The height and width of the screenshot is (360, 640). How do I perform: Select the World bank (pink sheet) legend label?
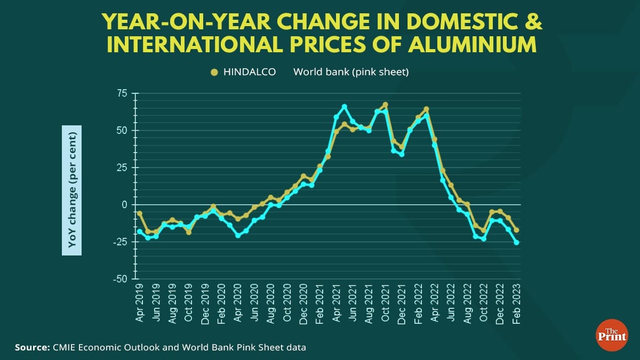tap(351, 72)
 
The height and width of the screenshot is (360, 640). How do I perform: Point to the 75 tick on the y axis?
tap(122, 93)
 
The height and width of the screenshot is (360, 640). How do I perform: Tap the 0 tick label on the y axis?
tap(125, 205)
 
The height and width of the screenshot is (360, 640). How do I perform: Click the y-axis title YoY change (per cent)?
tap(71, 190)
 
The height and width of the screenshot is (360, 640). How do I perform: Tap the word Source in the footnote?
tap(32, 348)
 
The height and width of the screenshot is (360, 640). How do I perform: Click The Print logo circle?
tap(611, 334)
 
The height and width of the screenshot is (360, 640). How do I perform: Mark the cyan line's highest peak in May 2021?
tap(345, 107)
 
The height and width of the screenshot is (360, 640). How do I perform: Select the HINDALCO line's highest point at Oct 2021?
tap(385, 105)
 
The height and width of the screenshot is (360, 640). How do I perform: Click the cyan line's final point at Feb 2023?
tap(516, 243)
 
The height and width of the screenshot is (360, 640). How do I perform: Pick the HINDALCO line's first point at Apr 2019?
tap(140, 213)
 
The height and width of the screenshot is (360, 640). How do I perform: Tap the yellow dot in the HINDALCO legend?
tap(214, 72)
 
